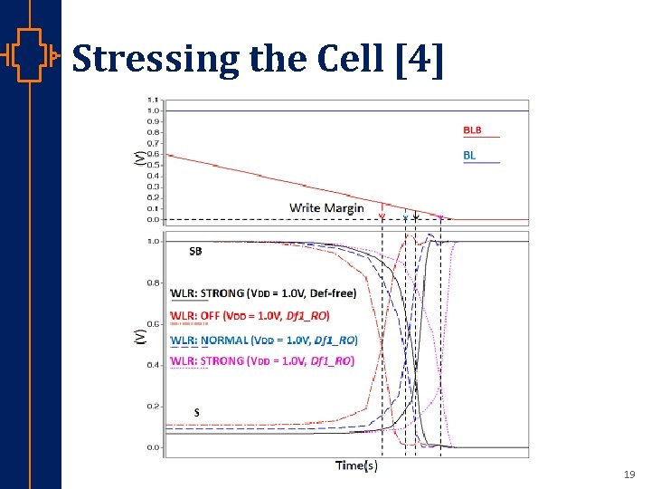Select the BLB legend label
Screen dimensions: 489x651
pos(473,130)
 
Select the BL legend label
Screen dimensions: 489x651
pos(469,156)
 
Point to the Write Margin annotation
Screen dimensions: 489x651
pos(326,208)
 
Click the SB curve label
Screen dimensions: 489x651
pos(195,253)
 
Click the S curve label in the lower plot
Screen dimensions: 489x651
pos(196,412)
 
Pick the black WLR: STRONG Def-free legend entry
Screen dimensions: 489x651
pos(263,292)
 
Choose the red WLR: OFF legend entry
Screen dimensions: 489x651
pos(250,315)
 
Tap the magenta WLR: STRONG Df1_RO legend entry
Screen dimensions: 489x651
pos(262,360)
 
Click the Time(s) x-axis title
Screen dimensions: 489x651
pos(356,465)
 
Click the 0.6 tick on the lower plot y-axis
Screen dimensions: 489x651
pos(155,324)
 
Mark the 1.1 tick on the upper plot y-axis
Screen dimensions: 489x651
pos(153,100)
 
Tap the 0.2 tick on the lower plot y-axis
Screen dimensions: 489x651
pos(155,406)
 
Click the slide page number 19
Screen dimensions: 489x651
pos(629,475)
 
